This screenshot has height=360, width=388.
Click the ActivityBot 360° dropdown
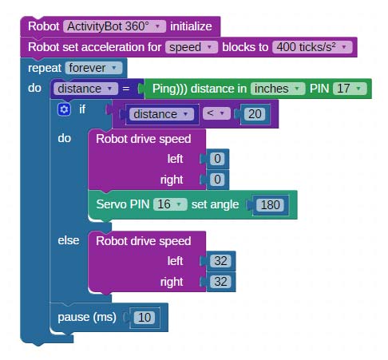(114, 26)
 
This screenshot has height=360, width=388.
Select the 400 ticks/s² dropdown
(312, 47)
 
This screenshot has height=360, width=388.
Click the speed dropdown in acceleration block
(192, 47)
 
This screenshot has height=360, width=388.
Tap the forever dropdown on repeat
(93, 68)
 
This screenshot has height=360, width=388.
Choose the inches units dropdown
(278, 89)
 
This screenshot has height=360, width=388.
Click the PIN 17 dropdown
(350, 89)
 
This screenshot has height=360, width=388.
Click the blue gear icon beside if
(64, 109)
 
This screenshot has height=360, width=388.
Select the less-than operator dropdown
(216, 113)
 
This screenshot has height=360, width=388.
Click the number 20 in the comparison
(255, 114)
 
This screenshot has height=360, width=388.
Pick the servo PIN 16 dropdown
(170, 204)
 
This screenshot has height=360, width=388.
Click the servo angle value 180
(270, 205)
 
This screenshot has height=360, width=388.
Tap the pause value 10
(145, 318)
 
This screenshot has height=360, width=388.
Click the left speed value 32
(220, 261)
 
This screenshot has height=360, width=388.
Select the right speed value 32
(220, 282)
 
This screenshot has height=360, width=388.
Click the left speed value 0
(217, 159)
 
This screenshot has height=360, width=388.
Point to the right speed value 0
(217, 180)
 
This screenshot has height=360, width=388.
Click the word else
(69, 240)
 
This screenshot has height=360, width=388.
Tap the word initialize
(191, 26)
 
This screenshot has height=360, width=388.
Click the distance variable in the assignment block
(85, 89)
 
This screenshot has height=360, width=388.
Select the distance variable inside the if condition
(161, 114)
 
